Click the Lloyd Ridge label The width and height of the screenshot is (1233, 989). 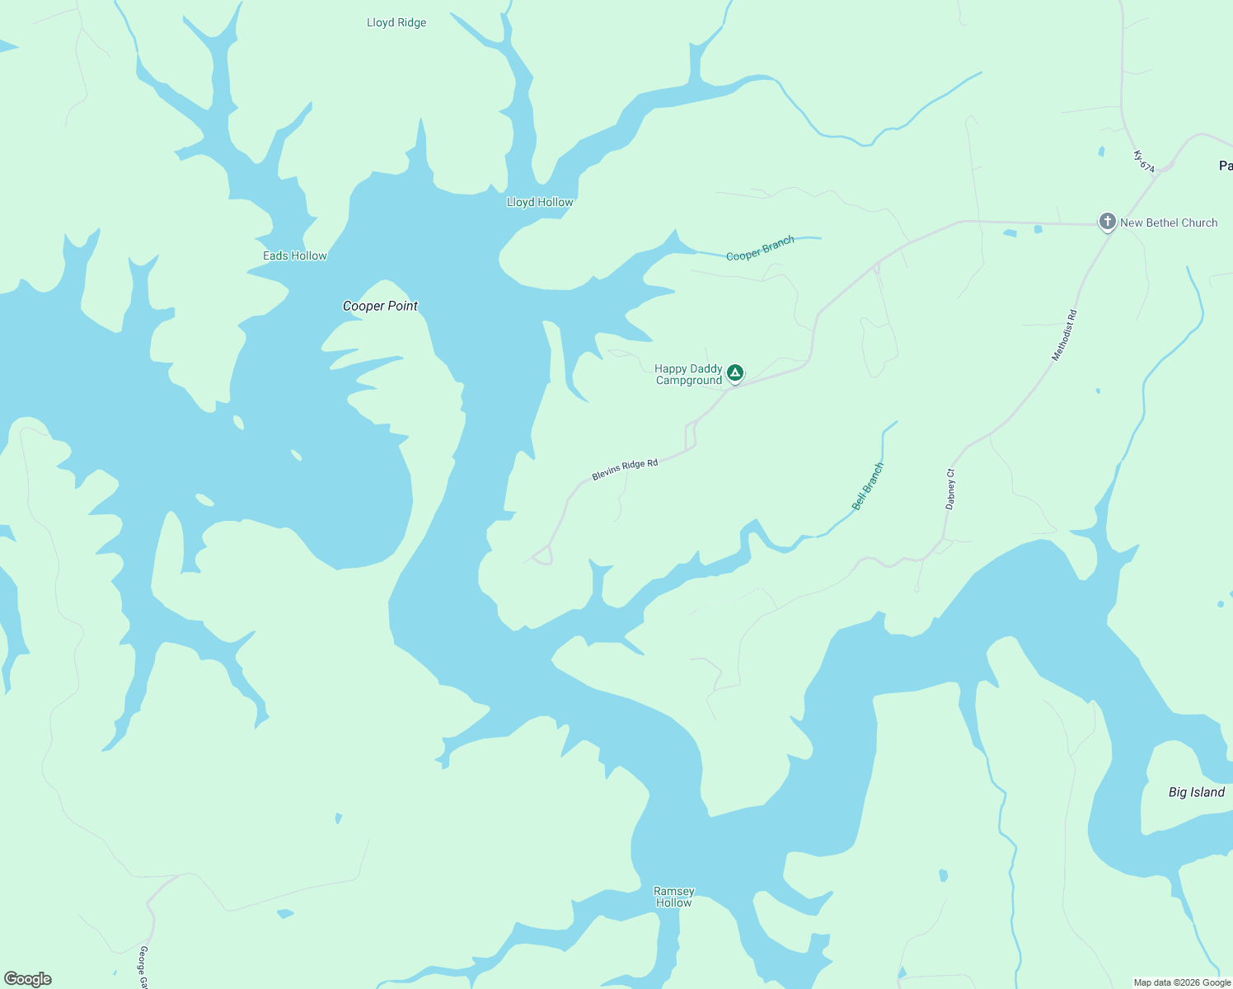point(396,23)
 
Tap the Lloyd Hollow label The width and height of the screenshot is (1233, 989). point(540,202)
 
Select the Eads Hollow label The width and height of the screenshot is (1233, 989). point(295,255)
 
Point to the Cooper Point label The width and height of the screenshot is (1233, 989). point(380,306)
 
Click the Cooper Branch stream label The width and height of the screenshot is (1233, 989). point(760,248)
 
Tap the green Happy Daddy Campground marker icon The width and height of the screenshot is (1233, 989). point(735,373)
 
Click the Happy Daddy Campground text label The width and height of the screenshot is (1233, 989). point(688,375)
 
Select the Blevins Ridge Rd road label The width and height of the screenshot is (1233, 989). point(625,470)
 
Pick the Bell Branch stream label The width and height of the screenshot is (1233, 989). point(868,486)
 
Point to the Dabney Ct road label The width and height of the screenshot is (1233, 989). point(950,489)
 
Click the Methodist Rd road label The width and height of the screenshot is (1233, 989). point(1065,335)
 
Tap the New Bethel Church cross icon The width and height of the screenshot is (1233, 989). point(1107,222)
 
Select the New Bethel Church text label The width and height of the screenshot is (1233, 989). point(1169,223)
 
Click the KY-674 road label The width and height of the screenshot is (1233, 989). point(1143,161)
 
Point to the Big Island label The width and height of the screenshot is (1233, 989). point(1197,792)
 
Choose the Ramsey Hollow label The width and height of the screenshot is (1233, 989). point(674,897)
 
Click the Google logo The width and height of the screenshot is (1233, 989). point(28,979)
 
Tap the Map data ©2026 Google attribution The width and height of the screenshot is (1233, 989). point(1182,982)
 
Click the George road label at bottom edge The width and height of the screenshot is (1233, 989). point(143,968)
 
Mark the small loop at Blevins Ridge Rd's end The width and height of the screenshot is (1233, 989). point(542,556)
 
